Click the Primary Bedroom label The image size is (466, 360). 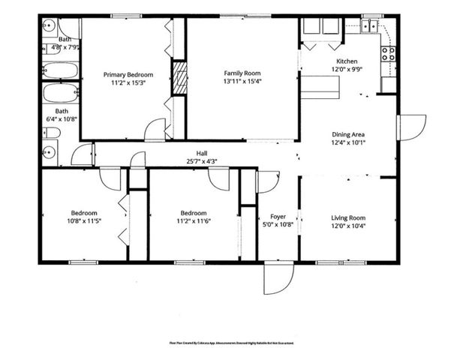pyautogui.click(x=128, y=74)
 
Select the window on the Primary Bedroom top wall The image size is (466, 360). pyautogui.click(x=122, y=16)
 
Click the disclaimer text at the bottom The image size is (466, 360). pyautogui.click(x=232, y=342)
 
